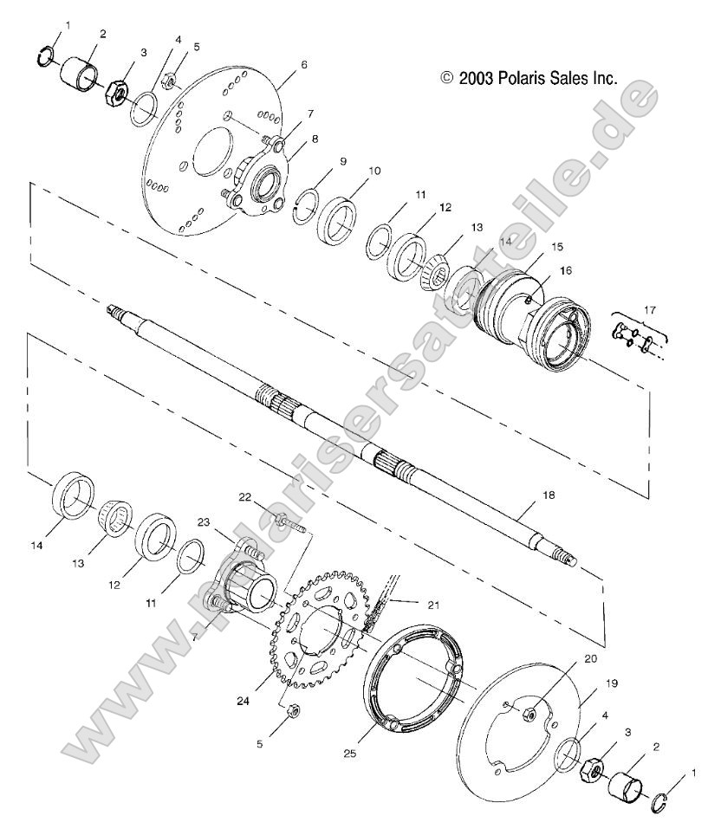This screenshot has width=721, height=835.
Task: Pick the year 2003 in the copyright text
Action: (476, 78)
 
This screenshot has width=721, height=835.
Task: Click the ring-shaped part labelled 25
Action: (408, 684)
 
